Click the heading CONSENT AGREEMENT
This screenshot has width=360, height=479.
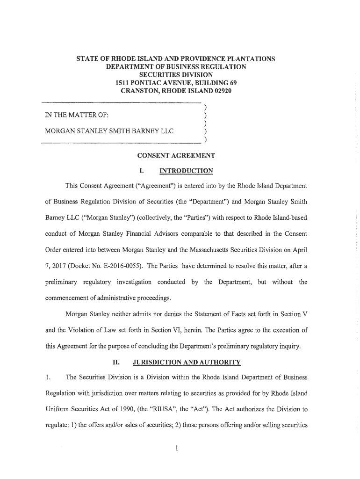click(x=176, y=155)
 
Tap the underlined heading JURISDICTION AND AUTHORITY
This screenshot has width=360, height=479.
click(x=187, y=363)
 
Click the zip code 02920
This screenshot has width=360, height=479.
click(x=221, y=90)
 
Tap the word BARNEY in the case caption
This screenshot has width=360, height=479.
click(x=140, y=131)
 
